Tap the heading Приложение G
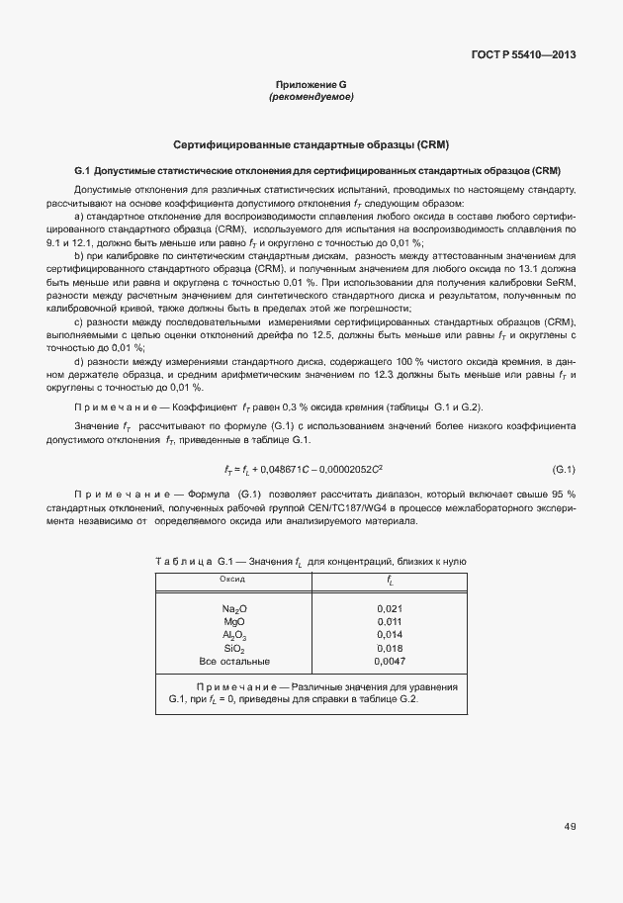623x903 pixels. (311, 86)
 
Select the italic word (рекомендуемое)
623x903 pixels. (311, 98)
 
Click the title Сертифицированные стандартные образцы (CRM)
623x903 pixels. (311, 144)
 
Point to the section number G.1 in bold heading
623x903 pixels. (82, 170)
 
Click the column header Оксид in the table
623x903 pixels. (232, 578)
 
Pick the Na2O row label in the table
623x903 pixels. (234, 609)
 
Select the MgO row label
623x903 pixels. (234, 622)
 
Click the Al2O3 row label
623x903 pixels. (234, 635)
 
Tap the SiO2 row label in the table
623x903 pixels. (234, 648)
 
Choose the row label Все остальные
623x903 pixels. (234, 661)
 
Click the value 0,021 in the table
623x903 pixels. (391, 609)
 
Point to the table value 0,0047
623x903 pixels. (391, 661)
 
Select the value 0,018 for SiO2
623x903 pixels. (391, 648)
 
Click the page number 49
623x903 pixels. (570, 827)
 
